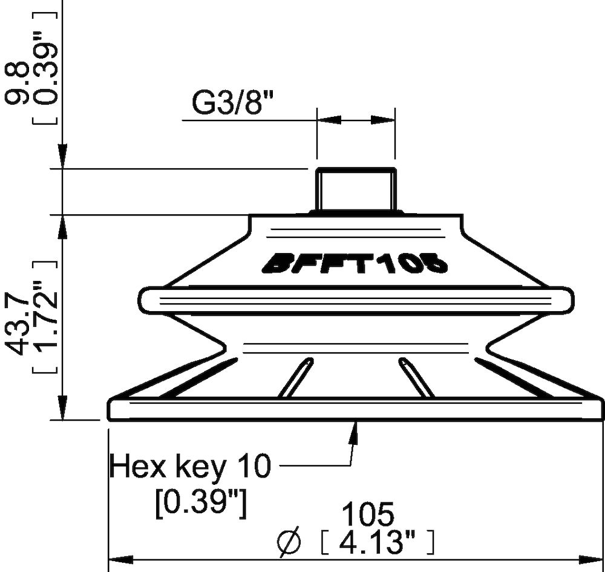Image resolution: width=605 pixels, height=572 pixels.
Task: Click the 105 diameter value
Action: tap(368, 515)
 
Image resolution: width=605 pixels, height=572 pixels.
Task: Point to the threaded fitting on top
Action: tap(356, 189)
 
